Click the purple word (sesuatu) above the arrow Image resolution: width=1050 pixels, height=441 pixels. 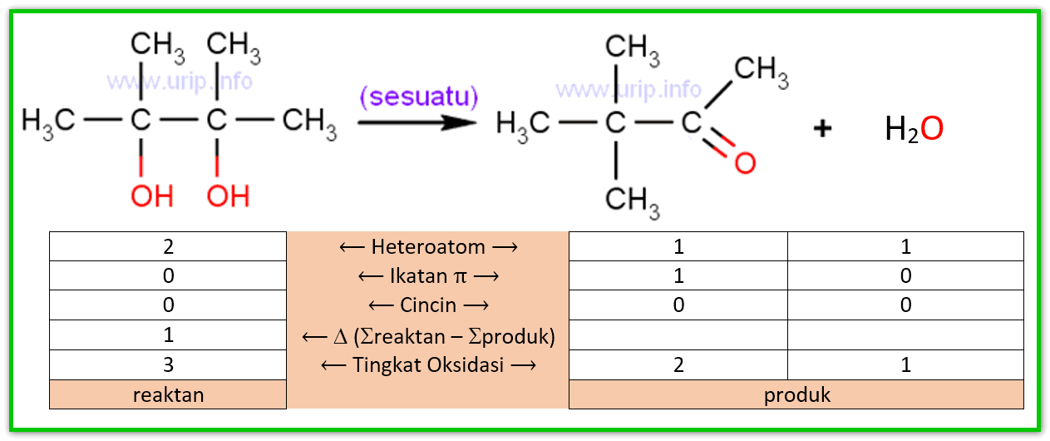tap(419, 97)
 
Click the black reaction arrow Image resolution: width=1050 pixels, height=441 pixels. tap(417, 122)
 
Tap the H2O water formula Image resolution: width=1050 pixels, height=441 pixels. tap(914, 130)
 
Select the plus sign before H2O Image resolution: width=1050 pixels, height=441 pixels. tap(822, 130)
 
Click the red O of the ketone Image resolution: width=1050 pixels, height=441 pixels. tap(745, 162)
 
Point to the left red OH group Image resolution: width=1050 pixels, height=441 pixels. tap(151, 196)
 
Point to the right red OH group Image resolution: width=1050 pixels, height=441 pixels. tap(228, 196)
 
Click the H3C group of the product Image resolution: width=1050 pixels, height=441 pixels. tap(522, 124)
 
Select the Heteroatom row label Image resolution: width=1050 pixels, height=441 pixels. tap(428, 246)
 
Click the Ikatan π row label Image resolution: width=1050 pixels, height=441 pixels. tap(428, 275)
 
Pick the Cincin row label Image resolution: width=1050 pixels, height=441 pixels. tap(428, 305)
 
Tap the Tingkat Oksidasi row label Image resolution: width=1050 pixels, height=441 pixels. tap(428, 364)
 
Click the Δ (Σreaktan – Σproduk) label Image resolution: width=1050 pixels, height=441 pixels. tap(428, 335)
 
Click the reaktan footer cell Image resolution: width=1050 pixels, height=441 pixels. tap(168, 394)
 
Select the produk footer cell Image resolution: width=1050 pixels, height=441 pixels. tap(796, 394)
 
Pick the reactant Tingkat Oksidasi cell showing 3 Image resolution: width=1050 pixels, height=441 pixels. tap(168, 364)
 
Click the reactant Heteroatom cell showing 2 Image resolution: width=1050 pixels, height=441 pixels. tap(168, 246)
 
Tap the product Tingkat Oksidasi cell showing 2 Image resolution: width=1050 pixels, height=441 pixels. tap(678, 364)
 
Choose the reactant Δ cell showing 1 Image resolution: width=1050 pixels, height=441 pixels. tap(168, 335)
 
